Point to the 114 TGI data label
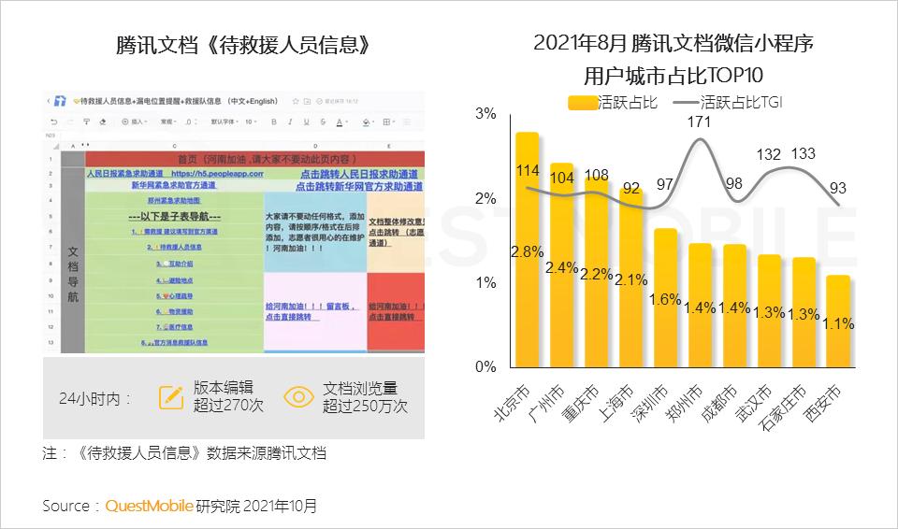(x=528, y=170)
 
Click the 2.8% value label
(x=528, y=251)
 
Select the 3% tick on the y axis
(x=485, y=114)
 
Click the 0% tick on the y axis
(x=485, y=366)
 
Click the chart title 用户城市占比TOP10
(x=673, y=75)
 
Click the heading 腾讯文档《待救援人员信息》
(x=237, y=45)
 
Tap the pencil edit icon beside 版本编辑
(x=171, y=397)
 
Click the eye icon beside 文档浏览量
(x=298, y=397)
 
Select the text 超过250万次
(x=365, y=407)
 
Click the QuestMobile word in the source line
(x=149, y=506)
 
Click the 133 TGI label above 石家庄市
(x=803, y=154)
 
